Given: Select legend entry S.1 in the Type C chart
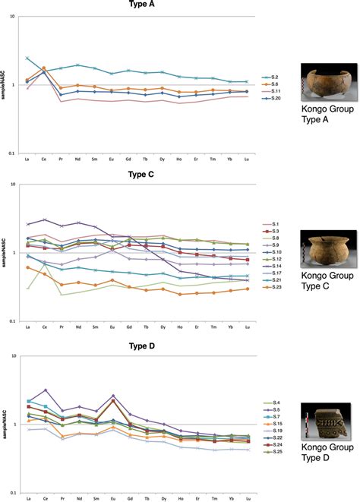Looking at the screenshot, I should coord(271,223).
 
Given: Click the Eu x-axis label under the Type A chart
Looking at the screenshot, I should coord(111,159).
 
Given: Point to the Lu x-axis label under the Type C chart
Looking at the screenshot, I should coord(247,327).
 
